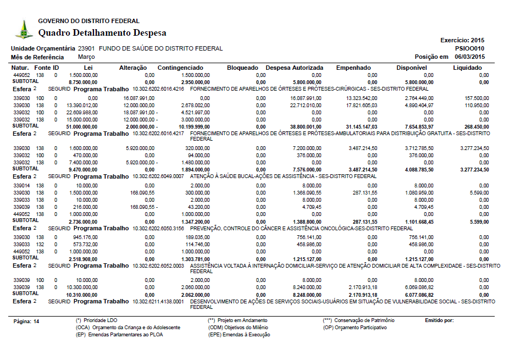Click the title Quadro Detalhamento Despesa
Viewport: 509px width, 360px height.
click(102, 33)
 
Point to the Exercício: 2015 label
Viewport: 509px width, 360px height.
click(462, 40)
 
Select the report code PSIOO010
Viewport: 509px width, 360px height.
click(469, 48)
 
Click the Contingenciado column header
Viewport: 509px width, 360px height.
click(181, 68)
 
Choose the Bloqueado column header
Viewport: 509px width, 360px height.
click(242, 68)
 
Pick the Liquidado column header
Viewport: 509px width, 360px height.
click(467, 68)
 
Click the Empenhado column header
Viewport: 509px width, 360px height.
click(353, 68)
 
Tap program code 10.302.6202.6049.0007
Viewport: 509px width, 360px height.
click(159, 176)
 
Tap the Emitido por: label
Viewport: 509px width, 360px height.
click(439, 320)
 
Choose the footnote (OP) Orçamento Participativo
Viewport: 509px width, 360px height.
click(355, 327)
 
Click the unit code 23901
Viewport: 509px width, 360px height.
click(86, 48)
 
